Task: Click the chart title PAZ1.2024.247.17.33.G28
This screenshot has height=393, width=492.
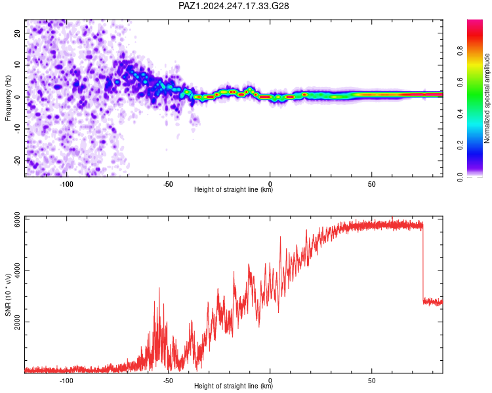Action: point(234,6)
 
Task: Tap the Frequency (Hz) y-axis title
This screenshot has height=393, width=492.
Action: point(8,98)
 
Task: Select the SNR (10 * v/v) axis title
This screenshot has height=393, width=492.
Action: point(8,295)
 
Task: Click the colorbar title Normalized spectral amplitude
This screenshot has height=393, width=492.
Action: point(487,98)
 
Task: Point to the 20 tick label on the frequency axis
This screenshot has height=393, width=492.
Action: point(17,33)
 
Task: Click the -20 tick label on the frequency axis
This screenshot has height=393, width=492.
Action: point(17,160)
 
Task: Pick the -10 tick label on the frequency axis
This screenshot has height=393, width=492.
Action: point(17,128)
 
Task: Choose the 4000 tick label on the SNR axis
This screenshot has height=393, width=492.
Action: point(17,271)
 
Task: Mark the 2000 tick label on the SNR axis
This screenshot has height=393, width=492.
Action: point(17,322)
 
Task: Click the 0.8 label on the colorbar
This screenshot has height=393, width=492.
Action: point(460,50)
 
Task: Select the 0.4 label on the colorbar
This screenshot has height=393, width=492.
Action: point(460,114)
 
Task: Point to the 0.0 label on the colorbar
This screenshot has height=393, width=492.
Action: point(460,177)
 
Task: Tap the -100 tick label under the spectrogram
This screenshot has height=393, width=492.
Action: point(66,184)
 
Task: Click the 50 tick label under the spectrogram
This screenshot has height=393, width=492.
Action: point(371,184)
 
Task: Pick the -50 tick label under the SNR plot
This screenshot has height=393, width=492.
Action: point(168,381)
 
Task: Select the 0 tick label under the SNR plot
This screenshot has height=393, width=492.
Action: point(270,381)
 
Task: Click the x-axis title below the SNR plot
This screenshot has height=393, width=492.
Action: point(234,386)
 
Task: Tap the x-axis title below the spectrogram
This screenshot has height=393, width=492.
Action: point(234,189)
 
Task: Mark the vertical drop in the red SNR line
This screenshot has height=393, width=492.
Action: point(423,262)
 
